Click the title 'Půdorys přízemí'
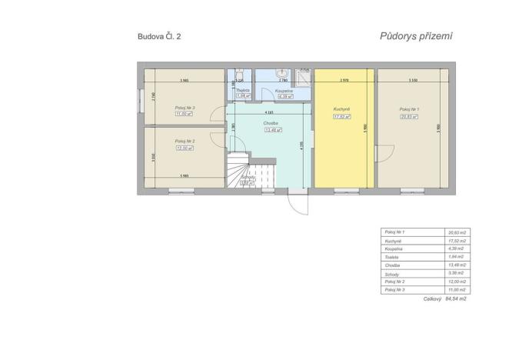(416, 35)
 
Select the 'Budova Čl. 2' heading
(159, 36)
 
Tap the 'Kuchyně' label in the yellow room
(342, 109)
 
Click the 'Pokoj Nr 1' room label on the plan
(409, 109)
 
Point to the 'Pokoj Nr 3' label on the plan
(185, 108)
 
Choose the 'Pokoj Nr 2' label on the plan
(185, 141)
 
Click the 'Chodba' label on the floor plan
(270, 123)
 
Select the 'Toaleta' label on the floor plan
(243, 91)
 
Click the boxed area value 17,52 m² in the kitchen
(342, 116)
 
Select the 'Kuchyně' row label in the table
(394, 241)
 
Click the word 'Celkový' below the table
(434, 298)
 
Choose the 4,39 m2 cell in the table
(457, 249)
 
